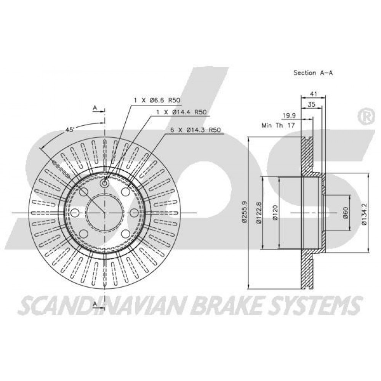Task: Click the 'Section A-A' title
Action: pos(313,73)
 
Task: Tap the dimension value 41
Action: pos(314,94)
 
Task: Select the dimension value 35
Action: pos(312,104)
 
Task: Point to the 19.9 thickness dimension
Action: pos(289,115)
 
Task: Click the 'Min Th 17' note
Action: pos(278,125)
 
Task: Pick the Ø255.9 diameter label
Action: pos(245,211)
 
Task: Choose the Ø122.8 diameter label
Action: pos(259,213)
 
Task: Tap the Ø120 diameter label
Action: pos(275,213)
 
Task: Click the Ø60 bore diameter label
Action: pos(346,213)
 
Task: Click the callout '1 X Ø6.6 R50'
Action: pos(157,100)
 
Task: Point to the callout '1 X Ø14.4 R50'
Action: pos(181,112)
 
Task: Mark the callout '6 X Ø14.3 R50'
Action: pos(195,130)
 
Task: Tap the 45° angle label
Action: pos(69,130)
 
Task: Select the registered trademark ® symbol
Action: pos(365,117)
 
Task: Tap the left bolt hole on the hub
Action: pos(75,213)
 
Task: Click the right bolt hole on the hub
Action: pos(134,213)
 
